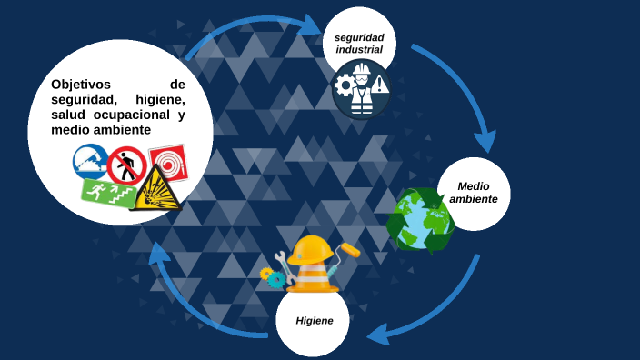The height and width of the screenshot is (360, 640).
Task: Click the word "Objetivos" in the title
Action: (x=81, y=85)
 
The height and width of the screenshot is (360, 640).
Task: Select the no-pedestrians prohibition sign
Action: (x=127, y=166)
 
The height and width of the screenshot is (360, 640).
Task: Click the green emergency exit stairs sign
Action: (x=107, y=191)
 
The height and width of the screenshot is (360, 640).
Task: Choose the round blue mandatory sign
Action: (x=91, y=161)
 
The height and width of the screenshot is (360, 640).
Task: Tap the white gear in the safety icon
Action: (x=345, y=86)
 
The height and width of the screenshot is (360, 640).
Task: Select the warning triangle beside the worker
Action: (x=379, y=85)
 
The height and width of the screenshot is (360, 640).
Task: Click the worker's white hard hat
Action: (x=362, y=69)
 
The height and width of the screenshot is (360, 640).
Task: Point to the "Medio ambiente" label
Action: (x=474, y=192)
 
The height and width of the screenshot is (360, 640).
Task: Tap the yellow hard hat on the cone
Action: (x=312, y=249)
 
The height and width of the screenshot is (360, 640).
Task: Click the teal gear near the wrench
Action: (x=275, y=279)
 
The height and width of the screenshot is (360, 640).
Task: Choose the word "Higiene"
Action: (x=314, y=320)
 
